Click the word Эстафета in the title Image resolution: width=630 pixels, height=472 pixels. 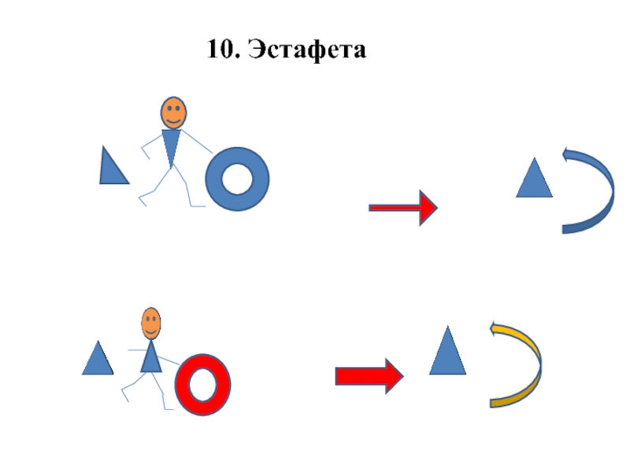click(x=308, y=50)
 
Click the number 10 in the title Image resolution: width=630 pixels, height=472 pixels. click(x=222, y=50)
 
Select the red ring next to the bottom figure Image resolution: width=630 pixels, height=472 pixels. click(x=186, y=385)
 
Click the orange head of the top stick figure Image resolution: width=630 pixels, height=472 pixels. click(x=173, y=112)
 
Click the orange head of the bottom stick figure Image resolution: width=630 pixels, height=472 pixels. click(x=150, y=322)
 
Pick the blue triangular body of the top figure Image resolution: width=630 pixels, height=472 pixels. click(x=171, y=146)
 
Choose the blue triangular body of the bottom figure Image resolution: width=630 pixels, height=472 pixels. click(x=151, y=359)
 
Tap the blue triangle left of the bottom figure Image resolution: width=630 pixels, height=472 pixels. click(x=98, y=360)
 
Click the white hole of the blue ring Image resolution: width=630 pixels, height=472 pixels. click(x=237, y=179)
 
